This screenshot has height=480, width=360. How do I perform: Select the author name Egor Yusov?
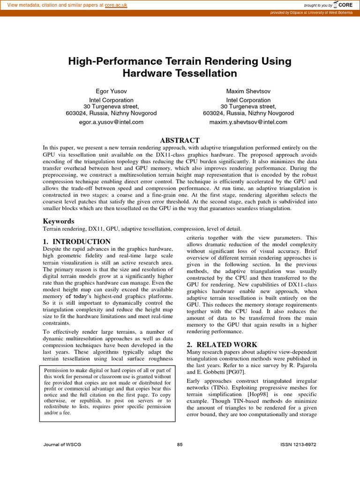pyautogui.click(x=111, y=90)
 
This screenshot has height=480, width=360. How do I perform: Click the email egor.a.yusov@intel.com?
pyautogui.click(x=111, y=122)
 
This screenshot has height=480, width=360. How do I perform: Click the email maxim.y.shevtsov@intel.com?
pyautogui.click(x=248, y=122)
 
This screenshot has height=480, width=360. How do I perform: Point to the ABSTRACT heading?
pyautogui.click(x=180, y=141)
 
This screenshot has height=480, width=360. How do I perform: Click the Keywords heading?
pyautogui.click(x=59, y=221)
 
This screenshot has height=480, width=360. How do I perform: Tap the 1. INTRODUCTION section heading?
pyautogui.click(x=77, y=242)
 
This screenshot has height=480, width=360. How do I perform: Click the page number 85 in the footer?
pyautogui.click(x=180, y=445)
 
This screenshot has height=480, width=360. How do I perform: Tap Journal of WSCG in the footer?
pyautogui.click(x=62, y=445)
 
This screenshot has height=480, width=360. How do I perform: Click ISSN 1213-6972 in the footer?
pyautogui.click(x=298, y=445)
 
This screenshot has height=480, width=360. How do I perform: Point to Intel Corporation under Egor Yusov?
pyautogui.click(x=111, y=100)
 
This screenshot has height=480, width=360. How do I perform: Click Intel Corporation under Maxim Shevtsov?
pyautogui.click(x=248, y=100)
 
